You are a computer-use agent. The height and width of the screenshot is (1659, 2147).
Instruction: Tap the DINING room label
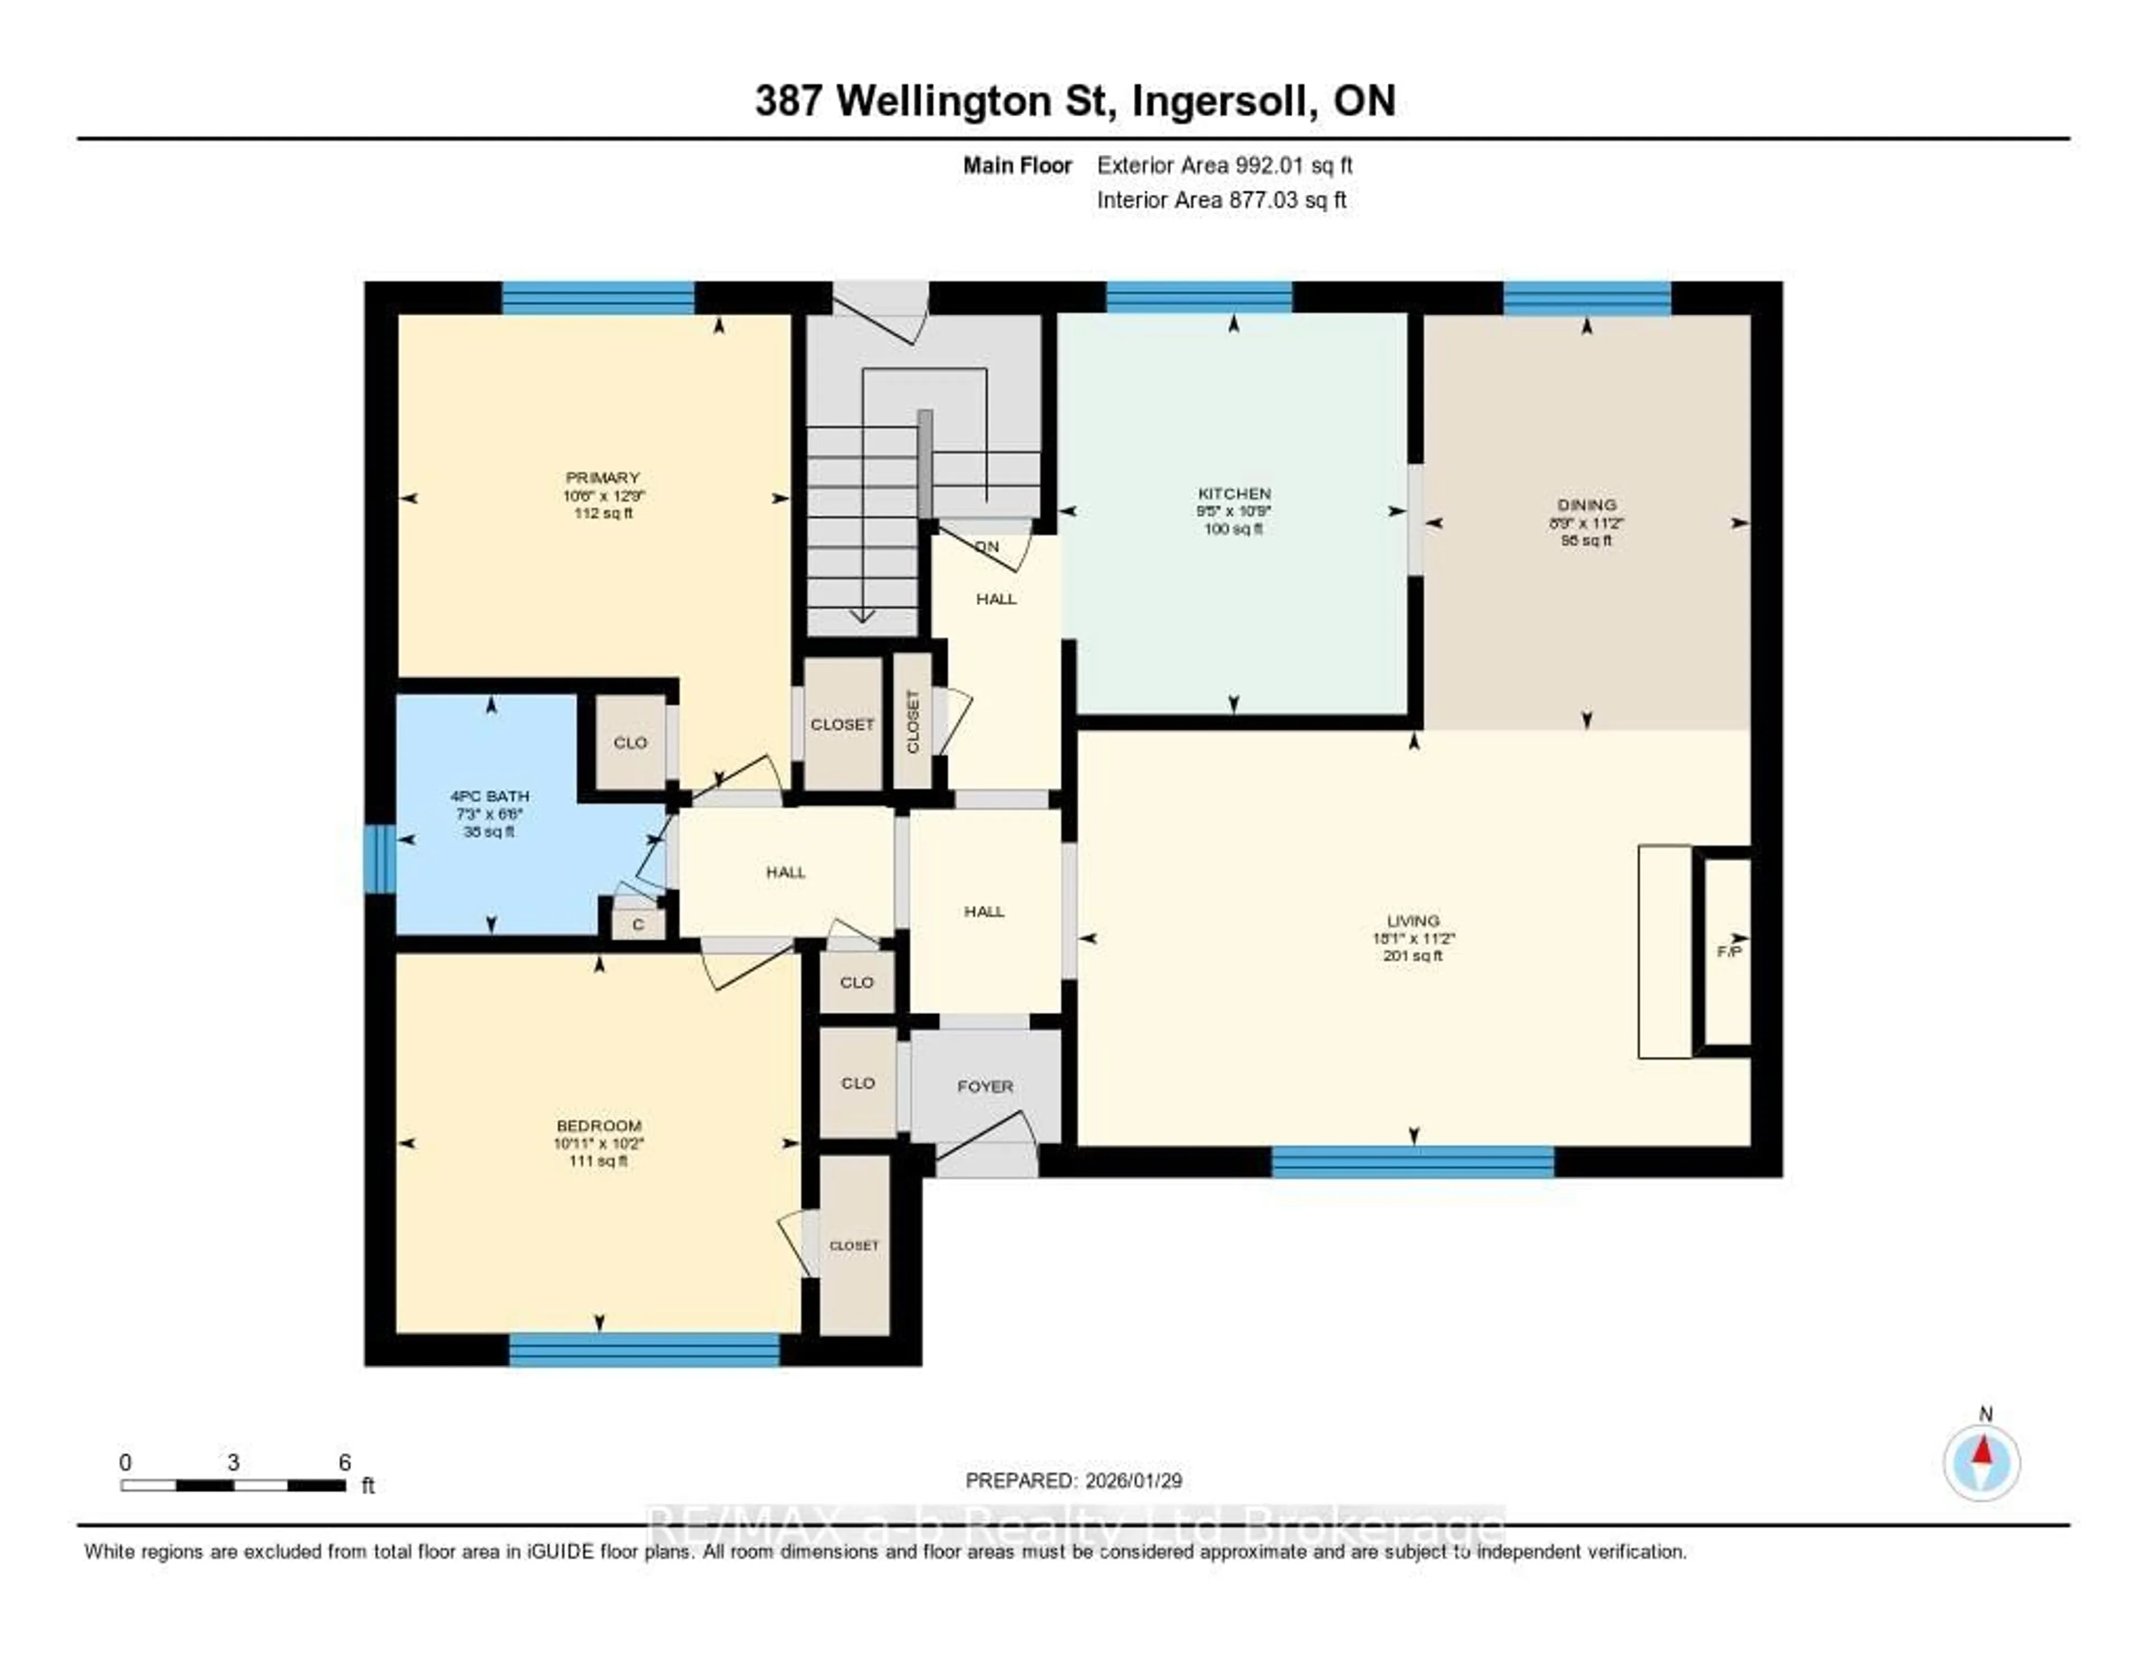point(1586,505)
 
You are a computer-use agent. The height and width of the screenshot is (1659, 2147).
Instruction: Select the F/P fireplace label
point(1727,952)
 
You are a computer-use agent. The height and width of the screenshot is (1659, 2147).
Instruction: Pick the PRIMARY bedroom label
point(602,478)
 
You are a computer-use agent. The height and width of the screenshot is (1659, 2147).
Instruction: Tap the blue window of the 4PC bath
point(380,859)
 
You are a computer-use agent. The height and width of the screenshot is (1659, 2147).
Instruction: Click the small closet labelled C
point(638,925)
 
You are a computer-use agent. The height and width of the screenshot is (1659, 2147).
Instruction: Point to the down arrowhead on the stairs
point(862,616)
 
